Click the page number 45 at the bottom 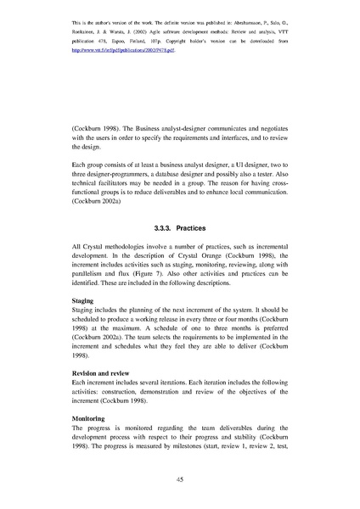click(x=180, y=480)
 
